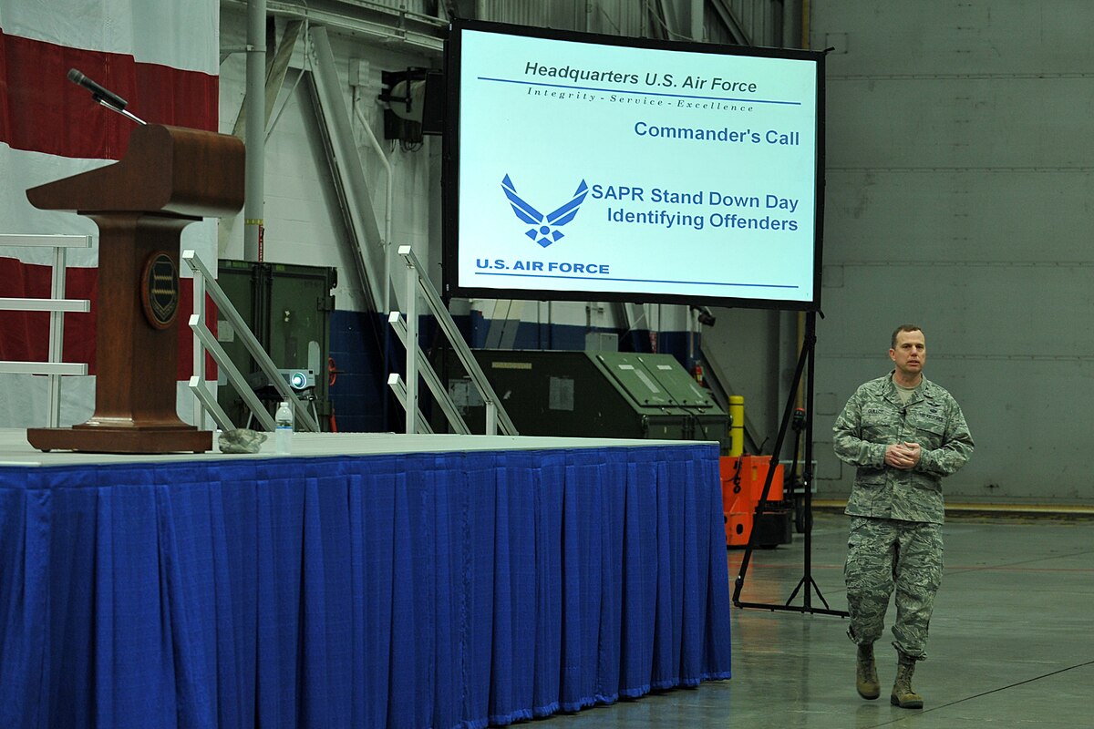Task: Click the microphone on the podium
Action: [x=96, y=89]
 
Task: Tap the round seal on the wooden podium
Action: [x=160, y=290]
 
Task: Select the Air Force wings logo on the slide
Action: [x=544, y=210]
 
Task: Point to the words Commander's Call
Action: [x=717, y=134]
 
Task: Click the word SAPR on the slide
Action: [x=618, y=194]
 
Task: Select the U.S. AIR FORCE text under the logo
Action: [x=542, y=266]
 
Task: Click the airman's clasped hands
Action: [x=902, y=454]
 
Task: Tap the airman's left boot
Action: [x=905, y=685]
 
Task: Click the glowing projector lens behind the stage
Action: [x=297, y=379]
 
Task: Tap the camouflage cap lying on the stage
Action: [x=243, y=440]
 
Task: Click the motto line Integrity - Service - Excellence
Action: [x=640, y=99]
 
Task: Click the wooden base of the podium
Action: [x=119, y=439]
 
